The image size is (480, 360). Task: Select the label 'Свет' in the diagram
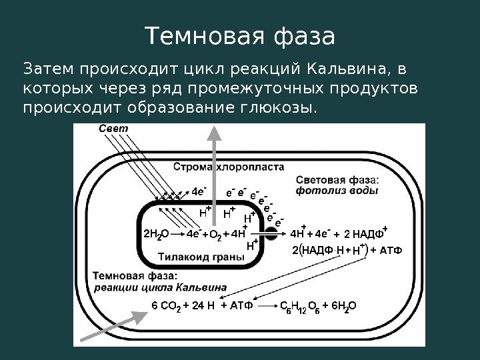coord(112,128)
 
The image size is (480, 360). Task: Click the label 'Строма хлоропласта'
coord(229,167)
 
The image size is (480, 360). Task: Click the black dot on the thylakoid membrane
coord(271,233)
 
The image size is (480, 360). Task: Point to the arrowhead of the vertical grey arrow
coord(215,133)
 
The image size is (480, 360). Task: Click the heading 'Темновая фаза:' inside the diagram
coord(126,275)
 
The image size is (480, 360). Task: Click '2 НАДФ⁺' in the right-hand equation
coord(366,233)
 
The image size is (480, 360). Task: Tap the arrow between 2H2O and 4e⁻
coord(178,233)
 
